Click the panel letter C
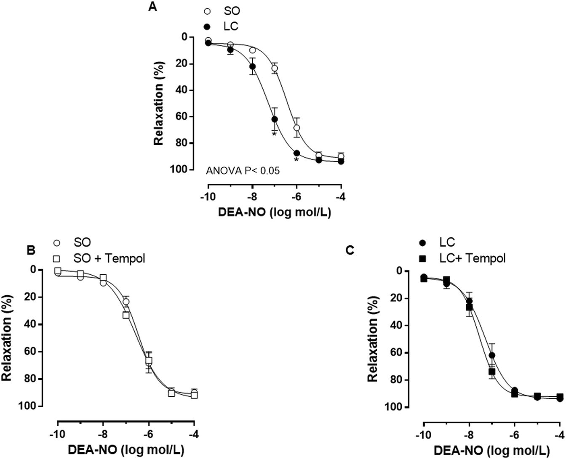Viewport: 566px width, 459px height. (x=350, y=250)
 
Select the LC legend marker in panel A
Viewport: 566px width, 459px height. (x=207, y=27)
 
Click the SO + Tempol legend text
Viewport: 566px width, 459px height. (x=109, y=258)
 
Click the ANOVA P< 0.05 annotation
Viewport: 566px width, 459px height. (x=243, y=171)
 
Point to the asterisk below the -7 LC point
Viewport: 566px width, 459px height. (x=274, y=134)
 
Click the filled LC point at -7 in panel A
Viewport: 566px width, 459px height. (x=275, y=119)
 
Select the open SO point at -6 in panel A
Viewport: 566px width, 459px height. (x=297, y=127)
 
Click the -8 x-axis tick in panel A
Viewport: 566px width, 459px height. (x=252, y=197)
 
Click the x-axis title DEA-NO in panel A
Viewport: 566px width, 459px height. (x=274, y=212)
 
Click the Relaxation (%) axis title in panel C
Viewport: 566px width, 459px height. (x=372, y=339)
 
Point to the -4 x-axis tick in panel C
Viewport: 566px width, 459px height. (x=559, y=435)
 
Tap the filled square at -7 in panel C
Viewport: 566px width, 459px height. (x=492, y=371)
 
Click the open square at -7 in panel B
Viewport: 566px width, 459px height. (x=126, y=315)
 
